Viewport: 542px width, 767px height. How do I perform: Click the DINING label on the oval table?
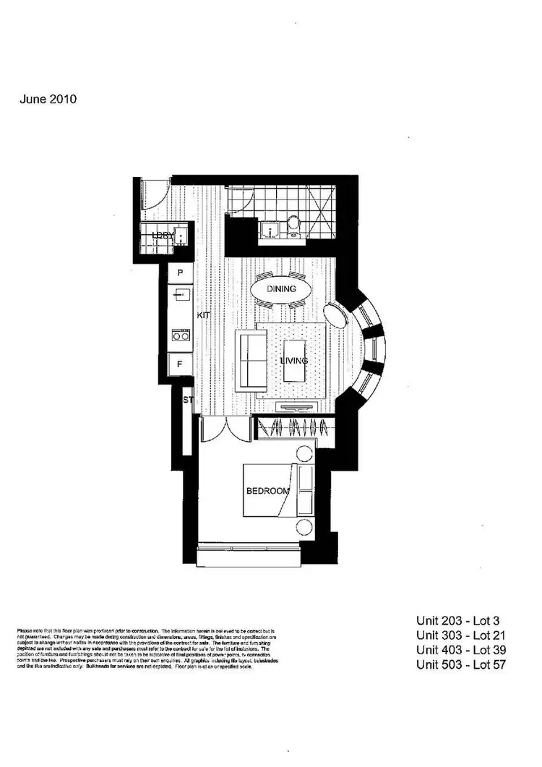click(282, 289)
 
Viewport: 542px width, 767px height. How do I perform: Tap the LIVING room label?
click(294, 361)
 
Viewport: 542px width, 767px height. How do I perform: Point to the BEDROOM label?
click(267, 491)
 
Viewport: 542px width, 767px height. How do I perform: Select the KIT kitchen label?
click(204, 316)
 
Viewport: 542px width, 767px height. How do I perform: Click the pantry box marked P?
click(179, 273)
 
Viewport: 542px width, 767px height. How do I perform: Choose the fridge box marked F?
click(179, 364)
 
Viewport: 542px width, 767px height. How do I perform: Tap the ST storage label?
click(188, 400)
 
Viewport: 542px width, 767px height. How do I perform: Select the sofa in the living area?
click(249, 359)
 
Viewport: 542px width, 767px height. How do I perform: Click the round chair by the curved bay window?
click(335, 314)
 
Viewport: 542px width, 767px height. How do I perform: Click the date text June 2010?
click(48, 100)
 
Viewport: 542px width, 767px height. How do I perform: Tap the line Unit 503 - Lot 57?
click(460, 664)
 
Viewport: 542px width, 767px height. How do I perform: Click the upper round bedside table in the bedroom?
click(304, 454)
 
